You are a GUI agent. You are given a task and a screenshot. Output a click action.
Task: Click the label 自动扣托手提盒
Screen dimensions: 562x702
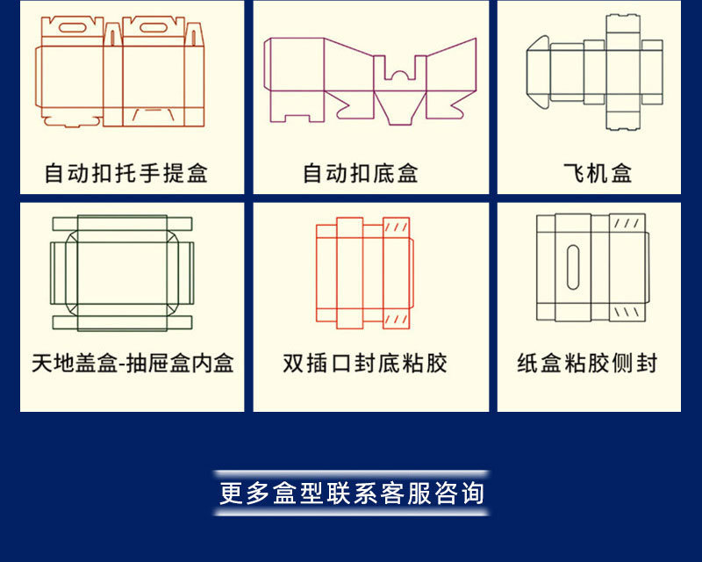coord(126,173)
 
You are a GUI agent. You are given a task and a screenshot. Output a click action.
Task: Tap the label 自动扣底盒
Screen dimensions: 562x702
coord(361,173)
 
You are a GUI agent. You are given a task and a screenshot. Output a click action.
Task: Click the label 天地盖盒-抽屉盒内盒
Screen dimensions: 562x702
coord(133,363)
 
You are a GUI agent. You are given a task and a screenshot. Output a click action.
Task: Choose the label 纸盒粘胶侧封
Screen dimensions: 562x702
coord(587,363)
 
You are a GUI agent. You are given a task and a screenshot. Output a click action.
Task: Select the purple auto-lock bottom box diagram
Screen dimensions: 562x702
coord(370,79)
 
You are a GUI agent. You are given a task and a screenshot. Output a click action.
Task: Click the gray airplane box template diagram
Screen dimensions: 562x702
coord(594,74)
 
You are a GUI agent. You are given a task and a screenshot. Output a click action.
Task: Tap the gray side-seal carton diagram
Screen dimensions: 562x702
coord(591,268)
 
